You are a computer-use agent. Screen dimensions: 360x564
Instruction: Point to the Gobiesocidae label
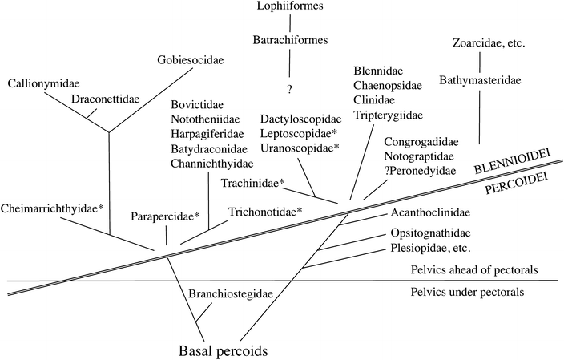point(191,60)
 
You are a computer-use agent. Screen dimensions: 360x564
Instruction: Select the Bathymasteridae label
point(478,79)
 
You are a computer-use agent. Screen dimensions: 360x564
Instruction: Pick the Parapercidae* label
point(171,216)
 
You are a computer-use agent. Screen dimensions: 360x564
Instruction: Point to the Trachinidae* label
point(252,184)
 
